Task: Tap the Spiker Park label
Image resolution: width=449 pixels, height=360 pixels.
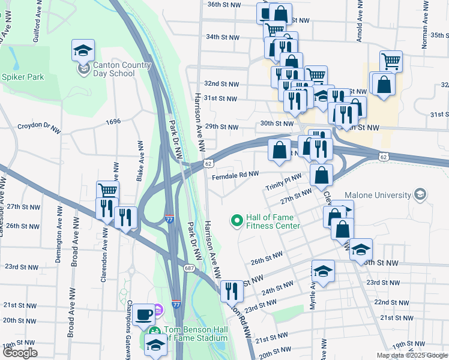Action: pyautogui.click(x=23, y=77)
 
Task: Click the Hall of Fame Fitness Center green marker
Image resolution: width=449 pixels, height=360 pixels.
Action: pyautogui.click(x=237, y=221)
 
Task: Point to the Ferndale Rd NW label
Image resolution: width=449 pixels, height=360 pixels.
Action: pyautogui.click(x=235, y=175)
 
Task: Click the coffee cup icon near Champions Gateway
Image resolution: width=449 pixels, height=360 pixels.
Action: pyautogui.click(x=144, y=314)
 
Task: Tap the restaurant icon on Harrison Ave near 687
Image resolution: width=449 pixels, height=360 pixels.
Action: pyautogui.click(x=232, y=291)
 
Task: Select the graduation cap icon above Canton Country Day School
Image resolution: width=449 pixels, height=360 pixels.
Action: pyautogui.click(x=83, y=50)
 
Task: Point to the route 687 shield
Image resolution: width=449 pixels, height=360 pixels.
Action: pyautogui.click(x=189, y=268)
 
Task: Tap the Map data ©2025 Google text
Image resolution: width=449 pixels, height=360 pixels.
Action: pyautogui.click(x=411, y=355)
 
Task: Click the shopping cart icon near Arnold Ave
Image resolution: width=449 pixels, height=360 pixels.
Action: pyautogui.click(x=391, y=61)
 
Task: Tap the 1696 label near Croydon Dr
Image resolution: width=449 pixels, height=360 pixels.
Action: pyautogui.click(x=112, y=121)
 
